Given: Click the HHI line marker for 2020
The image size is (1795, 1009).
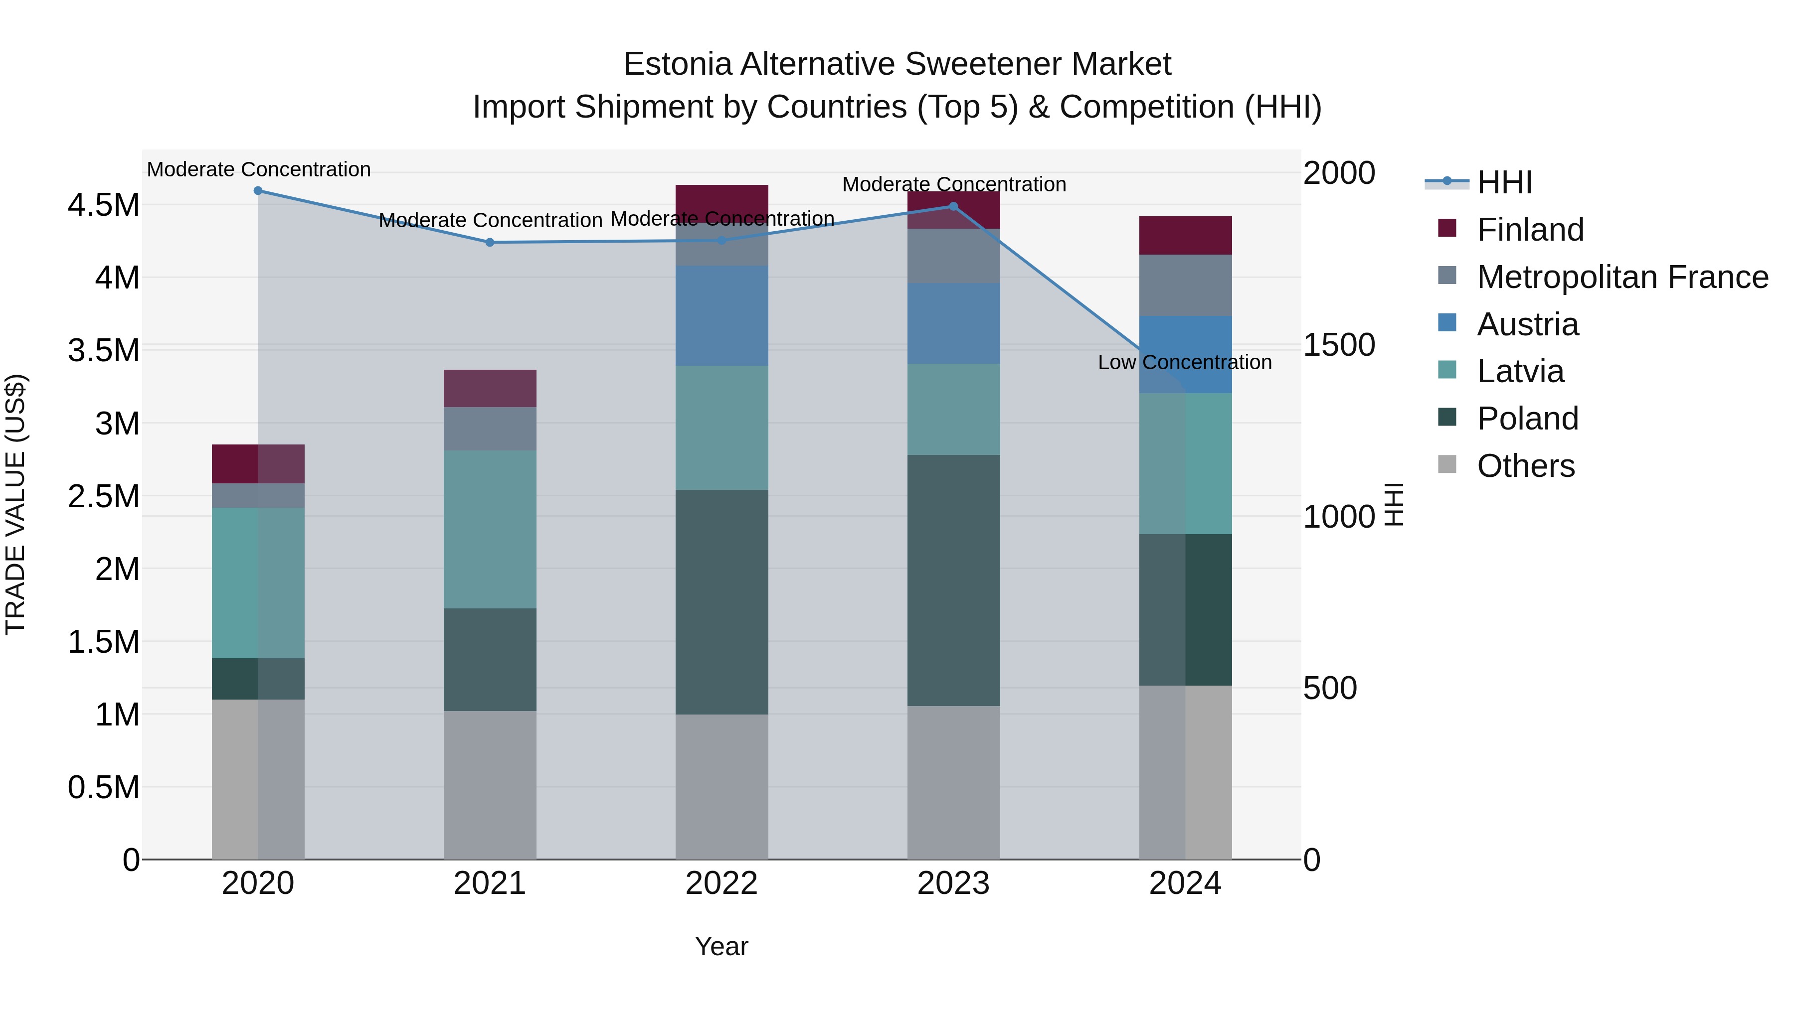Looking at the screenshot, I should click(258, 191).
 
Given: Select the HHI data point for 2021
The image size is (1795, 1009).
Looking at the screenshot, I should click(490, 242).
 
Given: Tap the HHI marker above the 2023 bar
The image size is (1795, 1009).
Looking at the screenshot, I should click(954, 206).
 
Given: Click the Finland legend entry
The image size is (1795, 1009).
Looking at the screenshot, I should click(1530, 230).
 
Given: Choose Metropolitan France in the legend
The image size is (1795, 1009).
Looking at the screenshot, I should click(1622, 277).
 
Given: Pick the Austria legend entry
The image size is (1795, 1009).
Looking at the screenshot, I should click(1527, 324).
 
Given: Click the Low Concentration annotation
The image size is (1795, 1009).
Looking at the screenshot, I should click(1185, 363).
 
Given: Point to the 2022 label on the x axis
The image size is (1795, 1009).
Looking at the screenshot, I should click(721, 883).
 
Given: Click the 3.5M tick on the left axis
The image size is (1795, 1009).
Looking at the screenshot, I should click(104, 350).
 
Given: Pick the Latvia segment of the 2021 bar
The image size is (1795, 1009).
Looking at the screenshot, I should click(490, 529).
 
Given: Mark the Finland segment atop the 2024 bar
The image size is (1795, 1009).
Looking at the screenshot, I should click(1185, 235).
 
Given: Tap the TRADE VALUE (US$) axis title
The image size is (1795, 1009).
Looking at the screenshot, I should click(15, 505).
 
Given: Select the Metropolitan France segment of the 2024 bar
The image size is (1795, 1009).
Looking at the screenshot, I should click(1185, 286).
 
